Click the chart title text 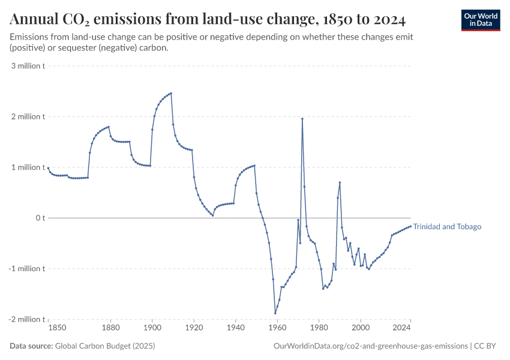208,20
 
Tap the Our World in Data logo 480,19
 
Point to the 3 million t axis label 28,65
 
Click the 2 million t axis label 28,116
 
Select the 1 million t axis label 28,167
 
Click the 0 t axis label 40,218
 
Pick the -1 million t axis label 27,268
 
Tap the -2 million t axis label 27,319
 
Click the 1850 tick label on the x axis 57,328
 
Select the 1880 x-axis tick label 110,328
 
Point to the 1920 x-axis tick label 194,328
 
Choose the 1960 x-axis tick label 277,328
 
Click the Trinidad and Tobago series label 447,227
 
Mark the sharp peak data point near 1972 302,119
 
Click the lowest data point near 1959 275,313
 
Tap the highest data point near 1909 171,93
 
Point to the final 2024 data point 410,226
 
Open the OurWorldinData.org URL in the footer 370,346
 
